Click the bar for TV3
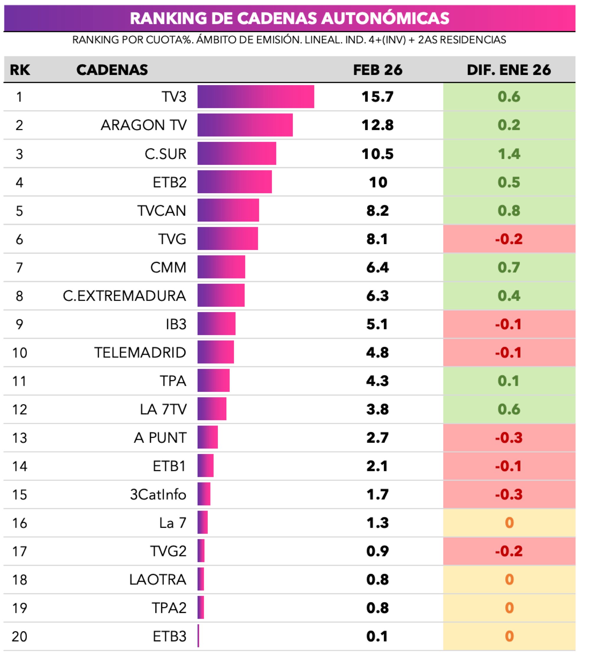pos(256,97)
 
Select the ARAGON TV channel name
pos(144,125)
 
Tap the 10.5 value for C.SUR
pos(377,154)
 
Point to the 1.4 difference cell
pos(509,154)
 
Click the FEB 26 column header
pos(378,70)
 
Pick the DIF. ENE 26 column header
pos(509,70)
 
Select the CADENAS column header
pos(112,70)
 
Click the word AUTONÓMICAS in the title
pos(385,18)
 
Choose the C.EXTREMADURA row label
pos(124,296)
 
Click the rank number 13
pos(20,438)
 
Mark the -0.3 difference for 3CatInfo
pos(509,495)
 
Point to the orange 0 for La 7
pos(509,523)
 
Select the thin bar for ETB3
pos(198,636)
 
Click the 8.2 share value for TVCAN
pos(377,210)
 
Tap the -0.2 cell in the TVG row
pos(509,239)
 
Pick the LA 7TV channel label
pos(163,410)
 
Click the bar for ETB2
pos(235,182)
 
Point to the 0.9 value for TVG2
pos(377,551)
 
